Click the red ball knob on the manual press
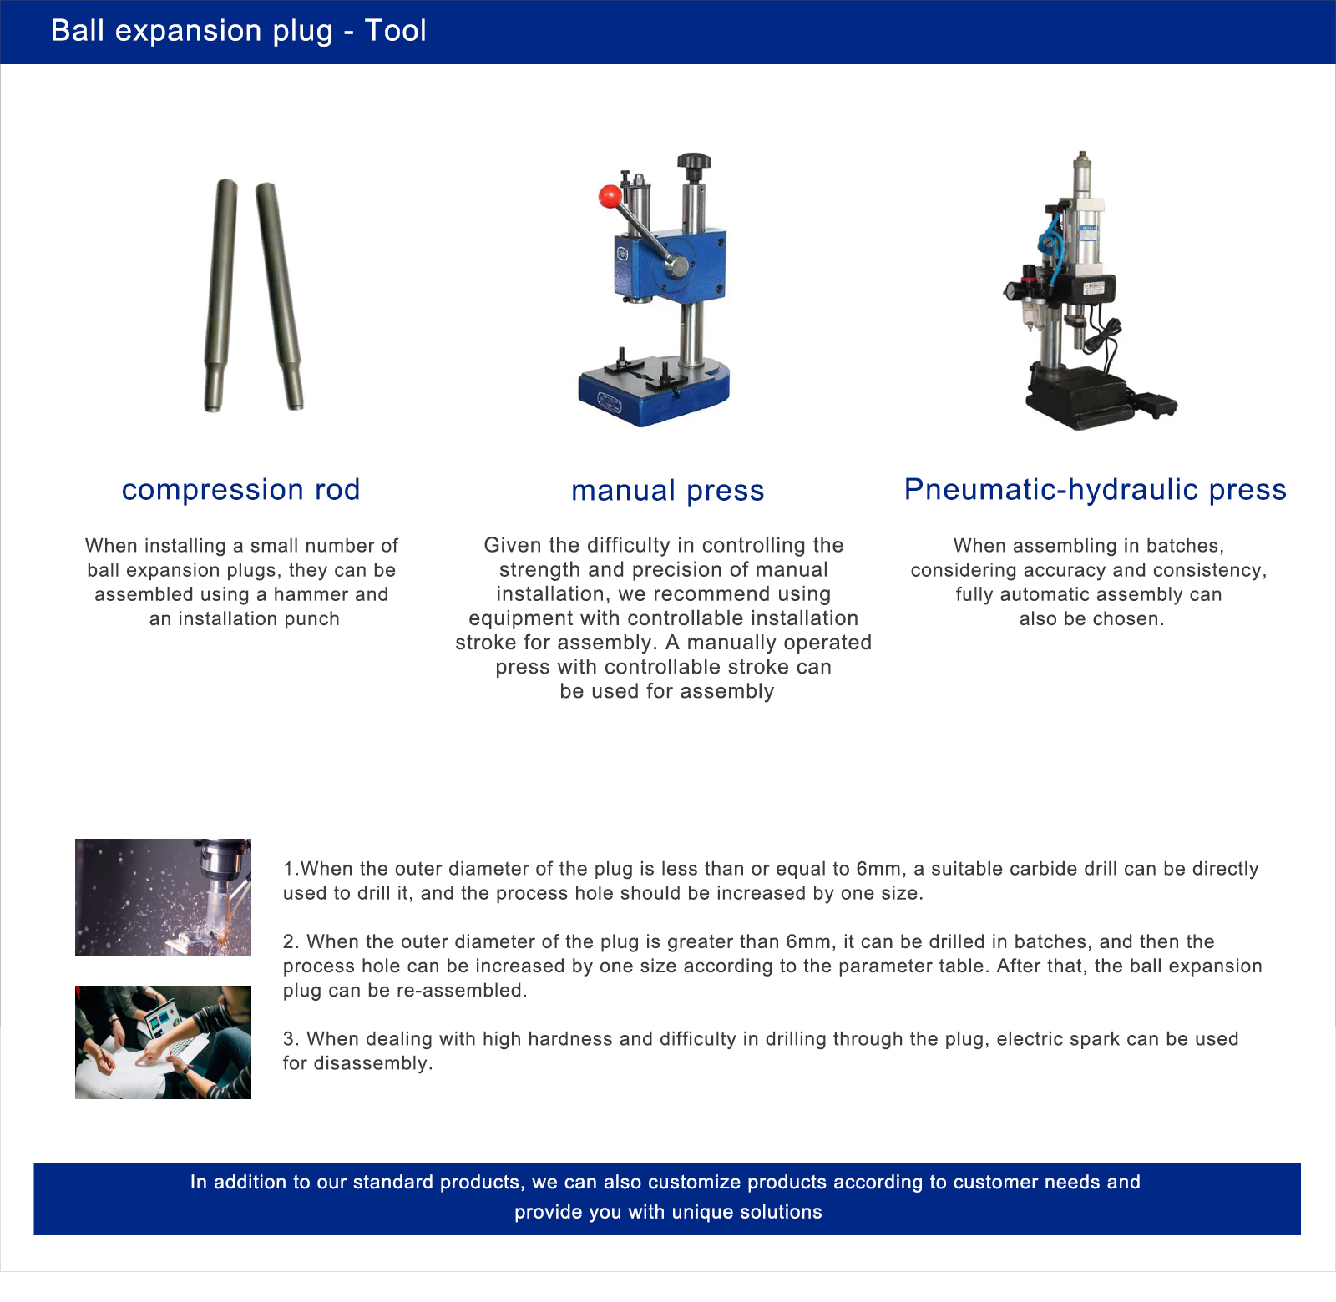pyautogui.click(x=610, y=197)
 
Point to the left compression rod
pyautogui.click(x=220, y=295)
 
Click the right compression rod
pyautogui.click(x=280, y=296)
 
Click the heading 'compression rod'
pyautogui.click(x=240, y=490)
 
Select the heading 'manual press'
pyautogui.click(x=668, y=491)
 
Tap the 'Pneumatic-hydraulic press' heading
pyautogui.click(x=1096, y=490)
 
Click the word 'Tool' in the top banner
pyautogui.click(x=396, y=31)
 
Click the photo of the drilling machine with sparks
pyautogui.click(x=163, y=897)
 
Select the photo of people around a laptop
pyautogui.click(x=163, y=1042)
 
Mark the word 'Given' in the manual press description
pyautogui.click(x=508, y=545)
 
